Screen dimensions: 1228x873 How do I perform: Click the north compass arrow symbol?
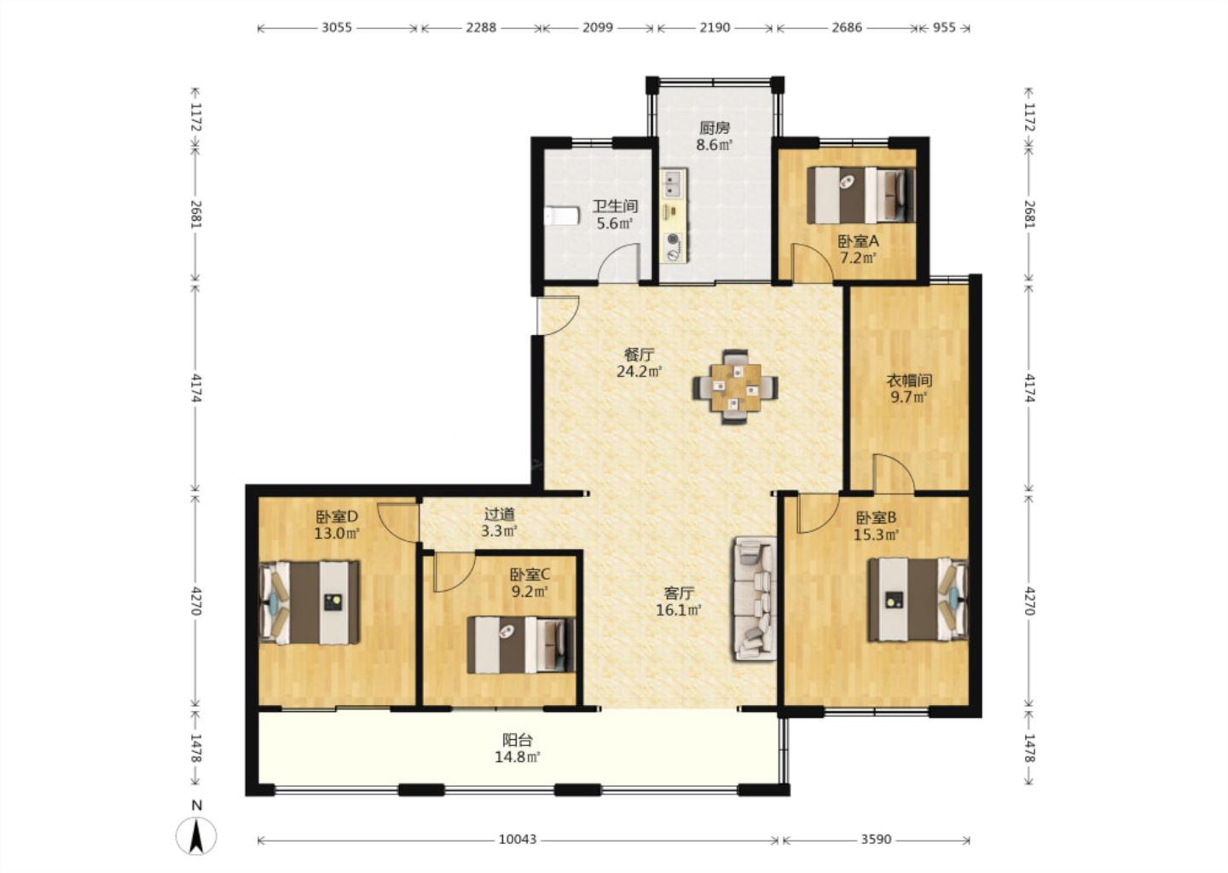(x=196, y=835)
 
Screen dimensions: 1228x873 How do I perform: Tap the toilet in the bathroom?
(x=562, y=216)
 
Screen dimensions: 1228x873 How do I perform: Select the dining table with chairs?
(x=735, y=387)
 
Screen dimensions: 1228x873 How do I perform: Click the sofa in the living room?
(x=756, y=598)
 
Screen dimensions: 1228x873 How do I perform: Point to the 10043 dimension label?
(x=518, y=839)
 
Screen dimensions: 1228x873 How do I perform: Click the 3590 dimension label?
(x=876, y=839)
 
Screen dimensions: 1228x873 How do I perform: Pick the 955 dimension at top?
(x=944, y=27)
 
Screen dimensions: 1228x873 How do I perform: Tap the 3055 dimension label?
(x=337, y=27)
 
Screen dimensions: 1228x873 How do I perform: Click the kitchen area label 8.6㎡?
(x=715, y=145)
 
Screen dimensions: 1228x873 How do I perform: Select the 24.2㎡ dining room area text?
(x=640, y=372)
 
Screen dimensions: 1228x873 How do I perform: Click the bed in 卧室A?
(x=861, y=195)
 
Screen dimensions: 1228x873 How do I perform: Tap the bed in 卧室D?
(x=310, y=602)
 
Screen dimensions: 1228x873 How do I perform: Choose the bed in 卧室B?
(x=918, y=599)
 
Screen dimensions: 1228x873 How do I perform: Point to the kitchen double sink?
(x=674, y=183)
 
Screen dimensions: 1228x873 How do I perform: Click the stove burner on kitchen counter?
(x=673, y=247)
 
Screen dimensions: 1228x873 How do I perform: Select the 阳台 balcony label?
(x=518, y=740)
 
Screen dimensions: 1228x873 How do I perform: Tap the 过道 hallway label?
(x=500, y=515)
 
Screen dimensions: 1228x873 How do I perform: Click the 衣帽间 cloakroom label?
(x=909, y=380)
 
